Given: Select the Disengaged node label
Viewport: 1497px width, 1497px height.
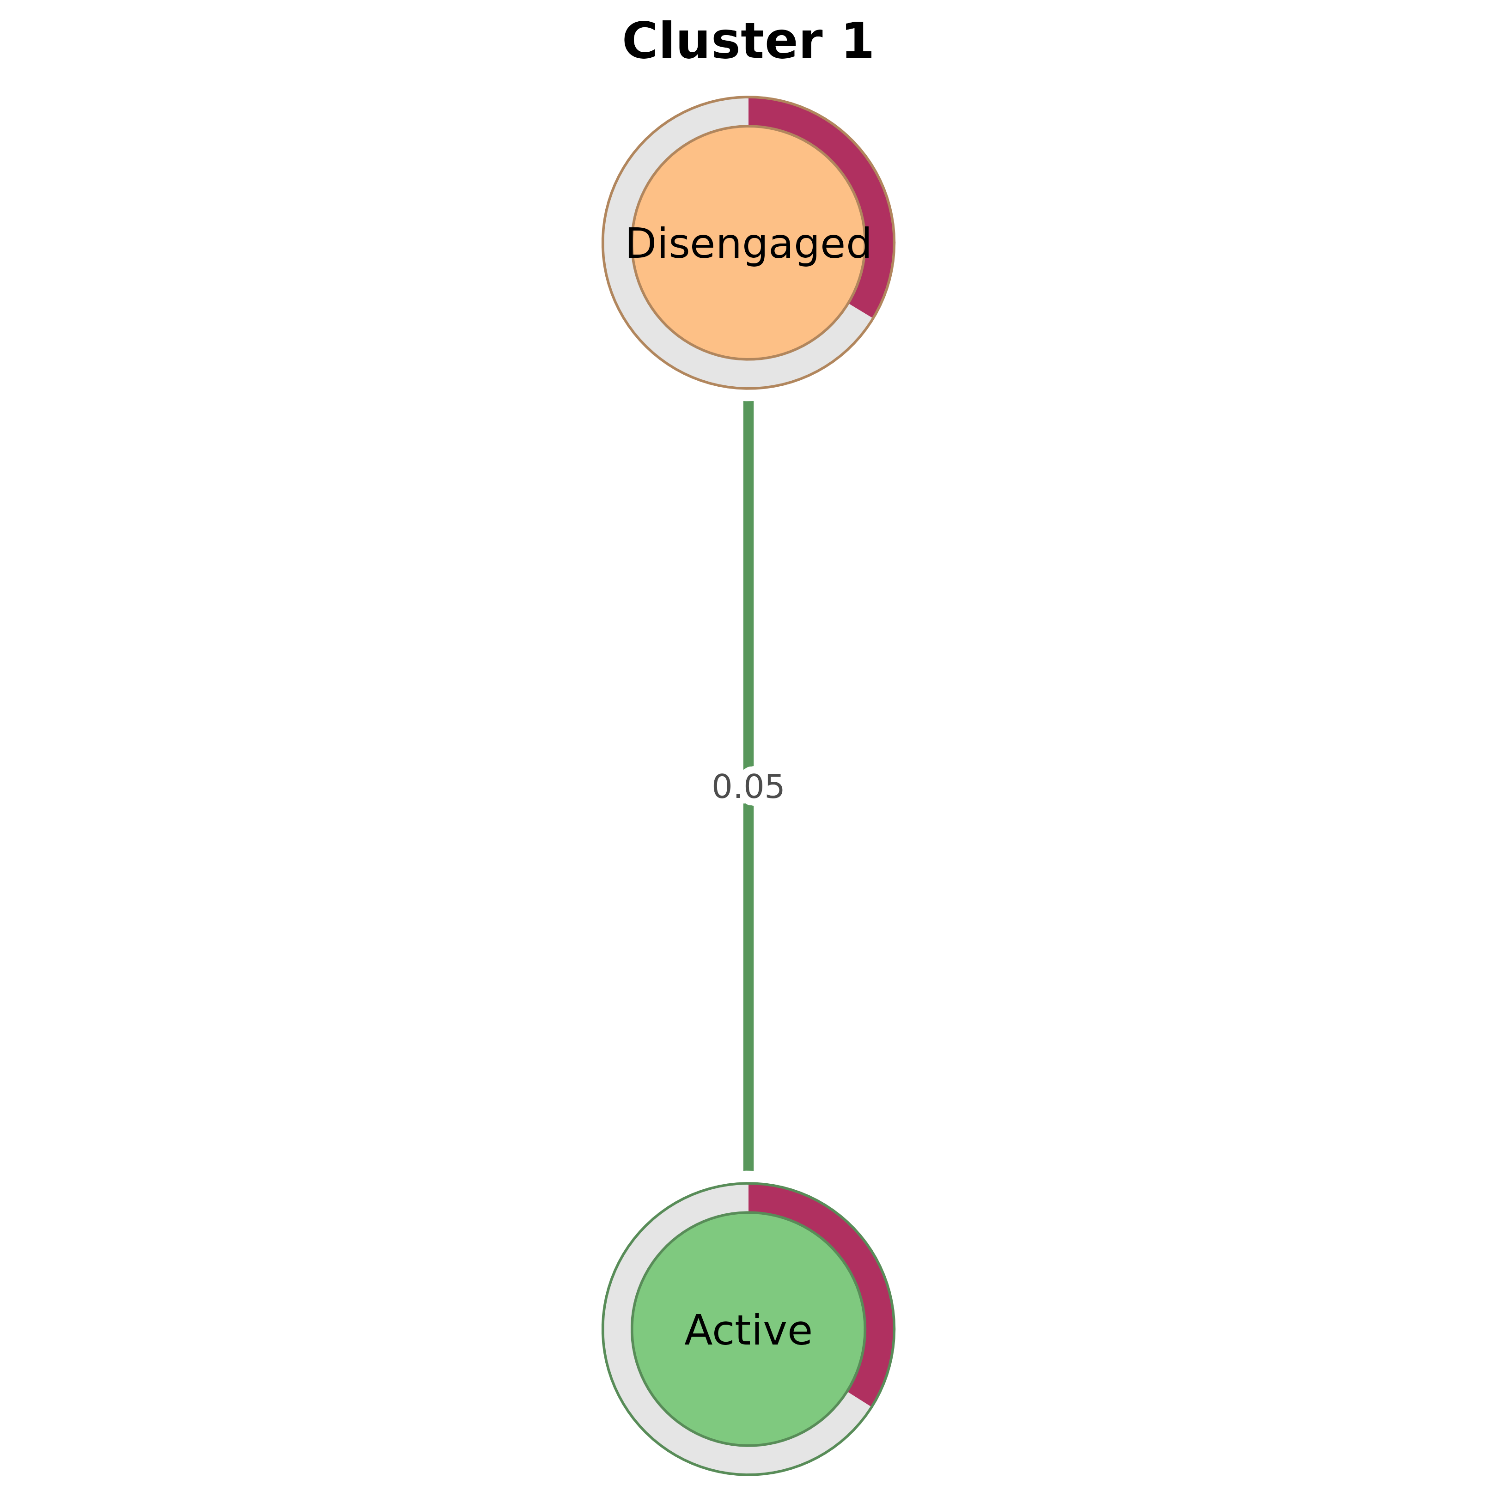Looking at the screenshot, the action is tap(748, 245).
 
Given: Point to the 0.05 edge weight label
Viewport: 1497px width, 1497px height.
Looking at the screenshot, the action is tap(748, 787).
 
